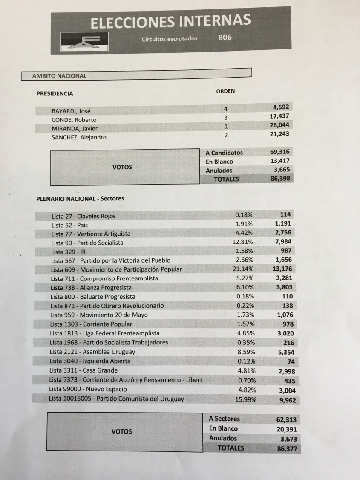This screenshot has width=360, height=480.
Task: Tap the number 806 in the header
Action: (225, 38)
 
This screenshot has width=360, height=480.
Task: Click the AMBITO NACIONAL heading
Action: (59, 76)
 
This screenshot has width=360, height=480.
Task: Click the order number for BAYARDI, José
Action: (226, 110)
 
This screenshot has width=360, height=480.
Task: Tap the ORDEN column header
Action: (226, 91)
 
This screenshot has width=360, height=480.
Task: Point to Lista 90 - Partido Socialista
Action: (87, 243)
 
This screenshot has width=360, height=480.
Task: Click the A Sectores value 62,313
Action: (286, 419)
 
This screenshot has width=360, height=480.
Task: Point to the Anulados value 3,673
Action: (287, 439)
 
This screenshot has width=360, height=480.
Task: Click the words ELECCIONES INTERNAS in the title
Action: (170, 21)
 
